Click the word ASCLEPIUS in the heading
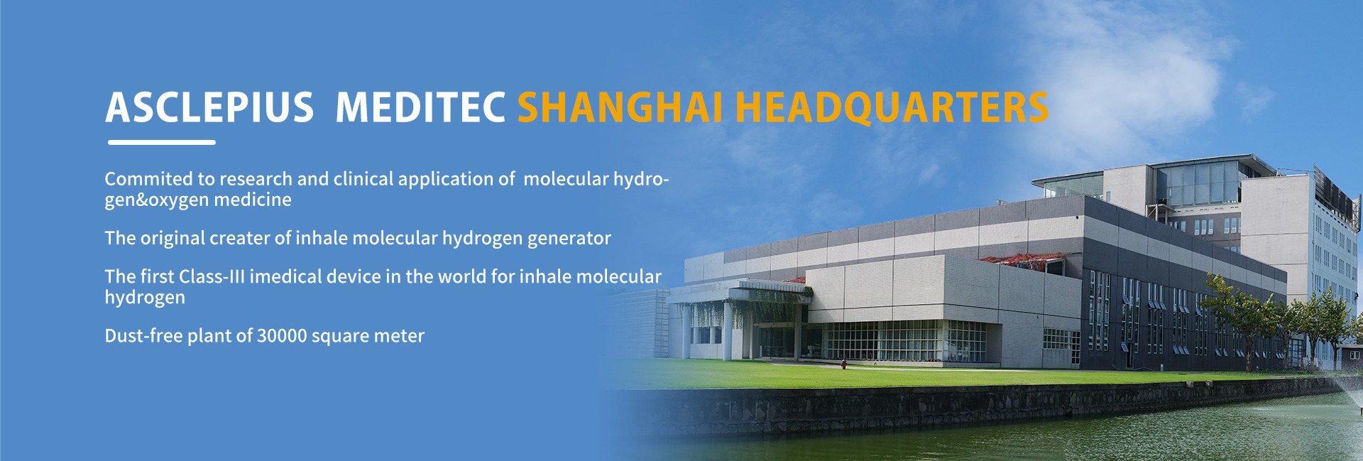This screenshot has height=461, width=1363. (x=209, y=107)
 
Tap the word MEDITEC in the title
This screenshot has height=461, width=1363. (x=420, y=107)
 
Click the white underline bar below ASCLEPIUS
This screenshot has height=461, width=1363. (x=162, y=142)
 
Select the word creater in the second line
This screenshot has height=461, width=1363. (x=241, y=238)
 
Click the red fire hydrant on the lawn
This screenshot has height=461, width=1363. (x=843, y=364)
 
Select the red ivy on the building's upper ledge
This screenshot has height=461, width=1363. (x=1014, y=258)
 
